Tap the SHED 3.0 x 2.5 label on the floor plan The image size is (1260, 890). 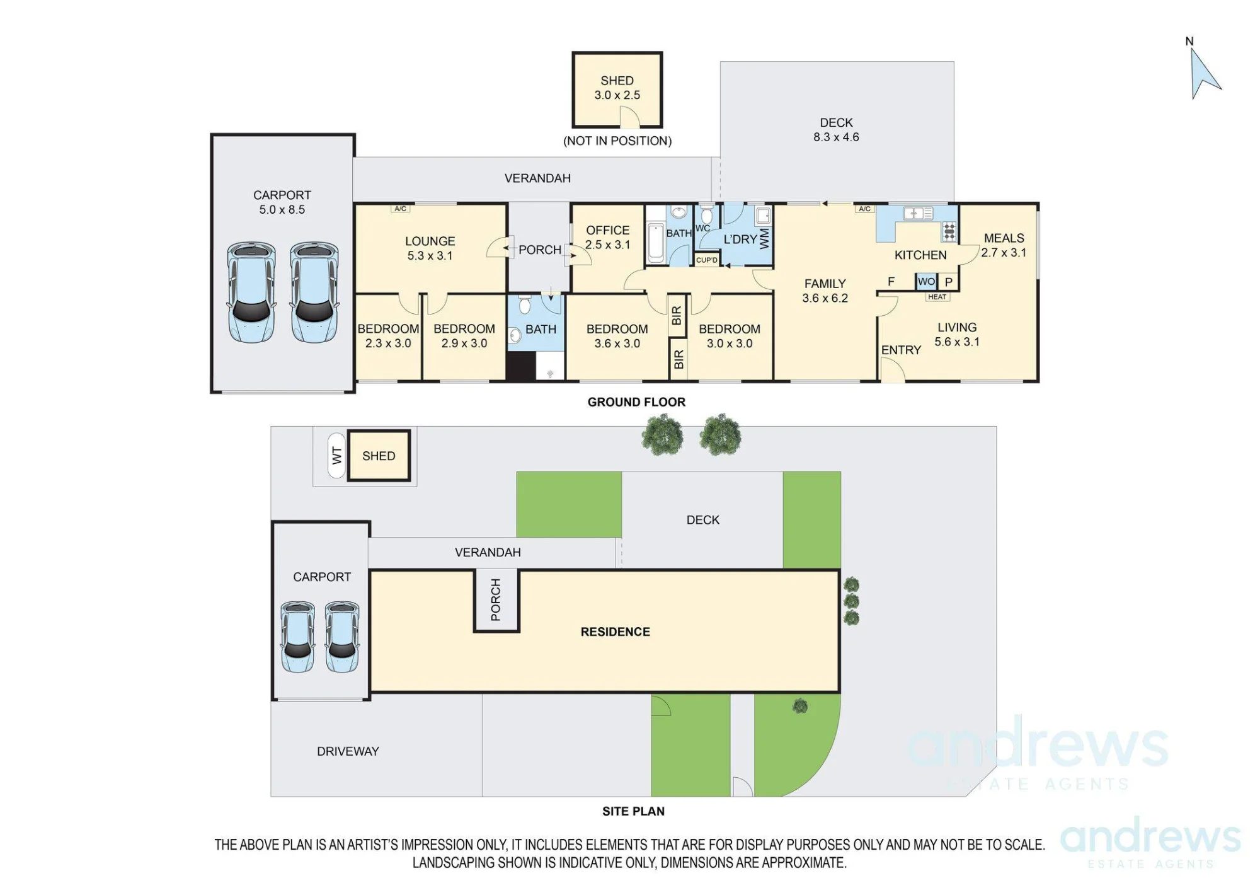617,88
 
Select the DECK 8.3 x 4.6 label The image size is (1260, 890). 836,130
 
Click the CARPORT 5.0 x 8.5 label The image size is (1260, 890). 282,202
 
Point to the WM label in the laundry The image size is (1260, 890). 765,238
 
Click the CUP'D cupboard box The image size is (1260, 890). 707,260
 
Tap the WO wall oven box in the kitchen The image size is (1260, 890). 926,282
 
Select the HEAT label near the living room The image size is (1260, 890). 937,297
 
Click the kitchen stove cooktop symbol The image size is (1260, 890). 949,231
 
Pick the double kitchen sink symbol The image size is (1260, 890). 918,214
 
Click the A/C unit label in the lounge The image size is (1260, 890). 400,209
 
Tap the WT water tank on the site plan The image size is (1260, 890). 336,455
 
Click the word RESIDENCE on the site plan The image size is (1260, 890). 616,632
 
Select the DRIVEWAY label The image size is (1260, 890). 348,751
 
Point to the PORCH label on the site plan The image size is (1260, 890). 496,599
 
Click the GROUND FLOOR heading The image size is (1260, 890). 636,402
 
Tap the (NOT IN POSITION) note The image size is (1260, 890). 617,141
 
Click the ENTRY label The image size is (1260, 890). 901,350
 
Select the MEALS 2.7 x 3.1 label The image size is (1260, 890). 1004,245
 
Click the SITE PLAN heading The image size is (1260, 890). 633,811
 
